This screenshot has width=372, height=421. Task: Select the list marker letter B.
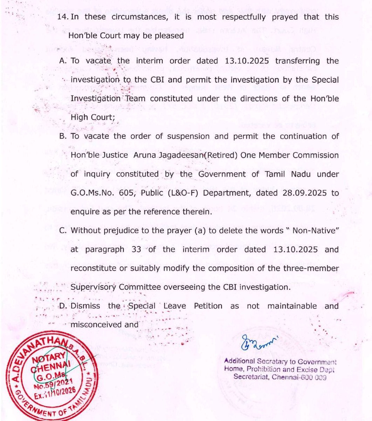(63, 136)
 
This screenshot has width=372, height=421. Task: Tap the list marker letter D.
(63, 306)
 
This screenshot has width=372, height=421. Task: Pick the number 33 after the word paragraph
(151, 250)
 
